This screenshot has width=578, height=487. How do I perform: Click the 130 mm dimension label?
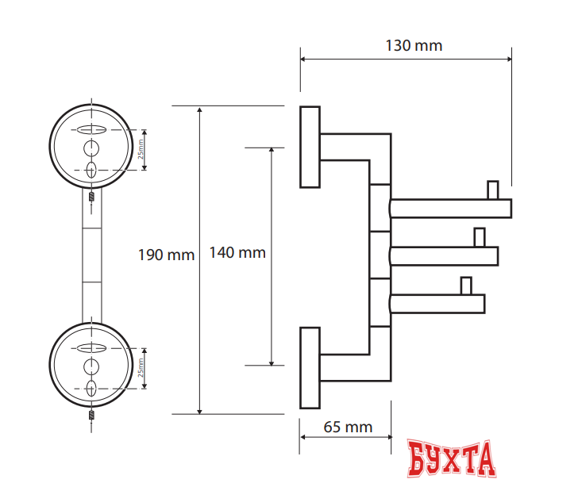pos(414,45)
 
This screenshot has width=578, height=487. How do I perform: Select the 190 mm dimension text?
pos(166,255)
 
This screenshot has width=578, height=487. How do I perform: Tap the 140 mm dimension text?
pos(237,253)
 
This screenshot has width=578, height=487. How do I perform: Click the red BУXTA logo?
pos(452,459)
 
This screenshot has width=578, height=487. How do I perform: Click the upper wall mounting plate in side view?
pos(310,147)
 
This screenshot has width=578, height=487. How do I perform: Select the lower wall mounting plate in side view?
pos(310,367)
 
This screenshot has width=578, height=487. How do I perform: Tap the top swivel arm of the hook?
pos(451,209)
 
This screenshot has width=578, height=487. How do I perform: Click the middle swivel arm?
pos(445,255)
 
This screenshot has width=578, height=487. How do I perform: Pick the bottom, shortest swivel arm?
pos(438,302)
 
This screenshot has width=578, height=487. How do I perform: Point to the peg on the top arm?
pos(492,190)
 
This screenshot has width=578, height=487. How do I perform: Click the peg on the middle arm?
pos(479,237)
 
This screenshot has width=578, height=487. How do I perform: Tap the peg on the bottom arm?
pos(466,285)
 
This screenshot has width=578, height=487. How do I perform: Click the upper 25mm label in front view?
pos(141,149)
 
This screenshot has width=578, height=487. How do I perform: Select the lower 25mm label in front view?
pos(141,369)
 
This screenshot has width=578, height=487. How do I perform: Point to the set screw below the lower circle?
pos(92,414)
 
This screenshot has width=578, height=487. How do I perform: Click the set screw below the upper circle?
pos(92,196)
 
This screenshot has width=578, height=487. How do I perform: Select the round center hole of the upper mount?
pos(92,148)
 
